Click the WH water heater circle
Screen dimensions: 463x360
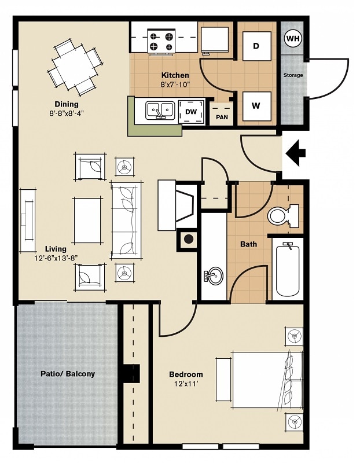tap(293, 39)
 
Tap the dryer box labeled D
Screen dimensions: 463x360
tap(255, 46)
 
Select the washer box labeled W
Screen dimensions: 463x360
tap(255, 106)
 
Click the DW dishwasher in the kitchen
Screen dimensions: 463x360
tap(191, 112)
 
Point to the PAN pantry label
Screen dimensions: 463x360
tap(222, 117)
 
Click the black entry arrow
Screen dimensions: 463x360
tap(296, 154)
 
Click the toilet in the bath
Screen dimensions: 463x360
tap(282, 216)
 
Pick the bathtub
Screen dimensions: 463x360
tap(288, 269)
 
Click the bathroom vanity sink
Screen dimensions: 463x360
tap(214, 275)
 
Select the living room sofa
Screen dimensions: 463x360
tap(126, 221)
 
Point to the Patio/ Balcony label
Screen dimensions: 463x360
tap(68, 374)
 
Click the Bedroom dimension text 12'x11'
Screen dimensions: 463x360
tap(186, 384)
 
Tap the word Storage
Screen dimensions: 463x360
tap(293, 75)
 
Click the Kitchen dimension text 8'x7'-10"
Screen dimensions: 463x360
tap(175, 85)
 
